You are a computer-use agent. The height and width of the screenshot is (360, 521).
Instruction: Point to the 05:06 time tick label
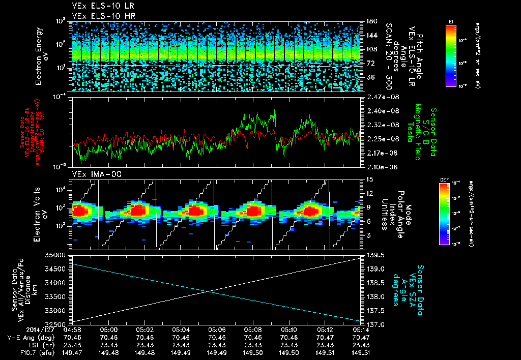coord(217,329)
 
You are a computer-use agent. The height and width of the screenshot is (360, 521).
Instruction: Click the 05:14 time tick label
coord(361,329)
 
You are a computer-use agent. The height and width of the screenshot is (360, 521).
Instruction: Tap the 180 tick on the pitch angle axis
coord(371,21)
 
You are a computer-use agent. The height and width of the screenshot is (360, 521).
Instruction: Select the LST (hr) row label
coord(21,344)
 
